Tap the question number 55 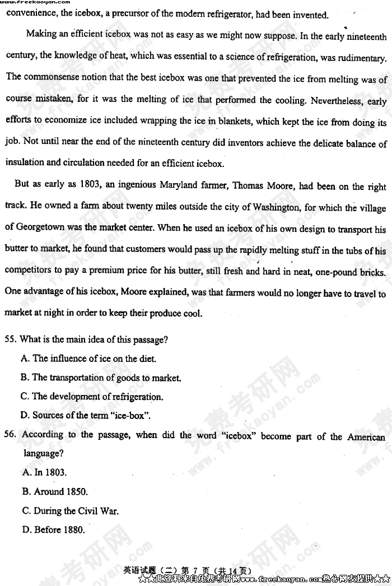[10, 339]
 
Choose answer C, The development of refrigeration [92, 397]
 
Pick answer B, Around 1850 [55, 492]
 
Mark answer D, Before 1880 [54, 529]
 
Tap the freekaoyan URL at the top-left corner [35, 3]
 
